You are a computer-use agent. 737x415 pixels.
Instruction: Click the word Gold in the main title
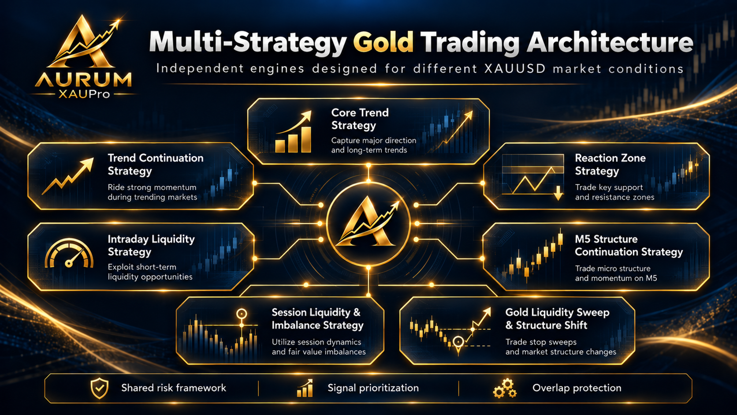tap(383, 42)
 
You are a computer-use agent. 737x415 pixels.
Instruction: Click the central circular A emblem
tap(368, 224)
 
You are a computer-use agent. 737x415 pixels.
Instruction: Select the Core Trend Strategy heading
tap(360, 119)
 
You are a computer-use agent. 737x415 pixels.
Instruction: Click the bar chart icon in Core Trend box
tap(293, 131)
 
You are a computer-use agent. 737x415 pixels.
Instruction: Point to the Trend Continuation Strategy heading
tap(155, 164)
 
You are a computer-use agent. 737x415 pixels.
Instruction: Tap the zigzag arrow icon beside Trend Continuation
tap(68, 176)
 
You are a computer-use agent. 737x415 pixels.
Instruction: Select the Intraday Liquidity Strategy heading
tap(151, 245)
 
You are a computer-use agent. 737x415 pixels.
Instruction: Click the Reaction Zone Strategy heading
tap(610, 164)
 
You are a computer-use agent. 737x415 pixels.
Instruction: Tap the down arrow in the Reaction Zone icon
tap(558, 193)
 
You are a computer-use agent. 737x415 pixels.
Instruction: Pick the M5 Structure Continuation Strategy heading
tap(629, 245)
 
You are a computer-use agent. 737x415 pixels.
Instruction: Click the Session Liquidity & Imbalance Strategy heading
tap(317, 318)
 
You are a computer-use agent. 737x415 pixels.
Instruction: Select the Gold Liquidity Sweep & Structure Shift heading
tap(557, 318)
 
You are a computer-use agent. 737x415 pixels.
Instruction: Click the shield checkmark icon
tap(99, 388)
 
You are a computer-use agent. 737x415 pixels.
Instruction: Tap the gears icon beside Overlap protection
tap(505, 388)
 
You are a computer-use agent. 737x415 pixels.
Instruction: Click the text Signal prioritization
tap(373, 388)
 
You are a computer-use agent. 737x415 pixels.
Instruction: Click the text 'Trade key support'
tap(609, 187)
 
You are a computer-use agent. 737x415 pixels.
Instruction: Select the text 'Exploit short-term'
tap(142, 267)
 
